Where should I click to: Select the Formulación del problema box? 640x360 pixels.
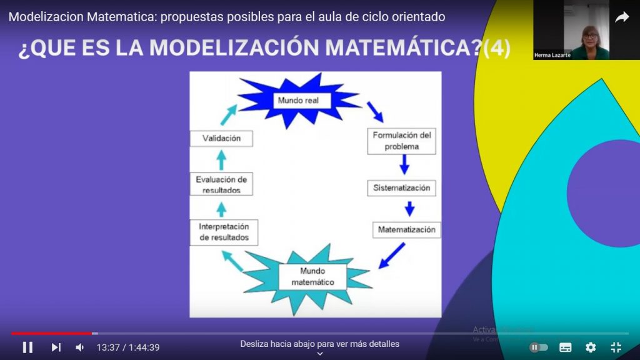[402, 141]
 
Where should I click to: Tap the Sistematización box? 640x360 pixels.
[402, 188]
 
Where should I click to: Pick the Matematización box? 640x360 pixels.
[406, 230]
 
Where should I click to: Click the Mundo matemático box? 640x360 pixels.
[312, 277]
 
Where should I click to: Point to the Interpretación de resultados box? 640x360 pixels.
[224, 232]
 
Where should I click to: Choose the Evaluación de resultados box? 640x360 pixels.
[221, 184]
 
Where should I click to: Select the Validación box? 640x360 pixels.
[221, 139]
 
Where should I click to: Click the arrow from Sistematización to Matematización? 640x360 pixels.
[409, 208]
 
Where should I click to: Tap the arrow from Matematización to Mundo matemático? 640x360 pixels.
[392, 255]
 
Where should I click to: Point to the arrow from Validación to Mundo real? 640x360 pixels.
[229, 115]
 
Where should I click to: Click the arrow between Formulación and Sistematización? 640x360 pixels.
[404, 164]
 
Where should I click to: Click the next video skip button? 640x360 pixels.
[56, 347]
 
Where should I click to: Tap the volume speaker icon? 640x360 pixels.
[80, 347]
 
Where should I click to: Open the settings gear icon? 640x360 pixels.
[591, 347]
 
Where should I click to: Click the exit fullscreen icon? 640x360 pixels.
[616, 347]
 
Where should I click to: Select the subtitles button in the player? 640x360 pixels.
[566, 347]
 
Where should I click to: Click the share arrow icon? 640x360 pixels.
[622, 17]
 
